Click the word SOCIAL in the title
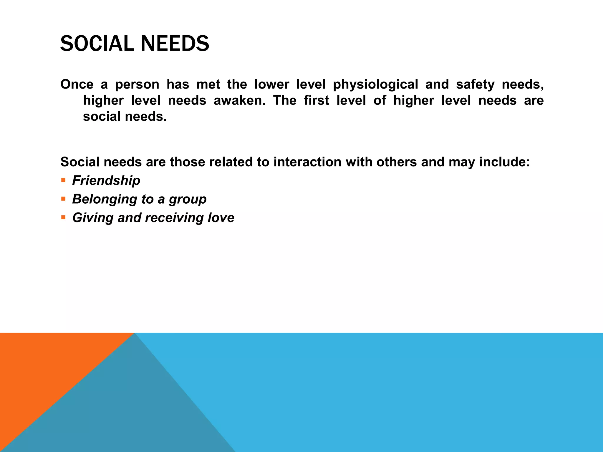coord(97,44)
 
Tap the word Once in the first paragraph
coord(77,84)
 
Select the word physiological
coord(375,85)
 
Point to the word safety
coord(475,85)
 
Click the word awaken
coord(239,101)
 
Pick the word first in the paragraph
coord(316,101)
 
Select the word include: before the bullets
coord(504,162)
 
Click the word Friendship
coord(106,180)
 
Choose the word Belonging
coord(105,199)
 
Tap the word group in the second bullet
coord(188,200)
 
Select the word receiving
coord(174,218)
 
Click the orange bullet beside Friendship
coord(63,180)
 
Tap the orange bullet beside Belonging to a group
coord(63,199)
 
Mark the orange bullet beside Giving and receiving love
coord(63,217)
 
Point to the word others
coord(396,162)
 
